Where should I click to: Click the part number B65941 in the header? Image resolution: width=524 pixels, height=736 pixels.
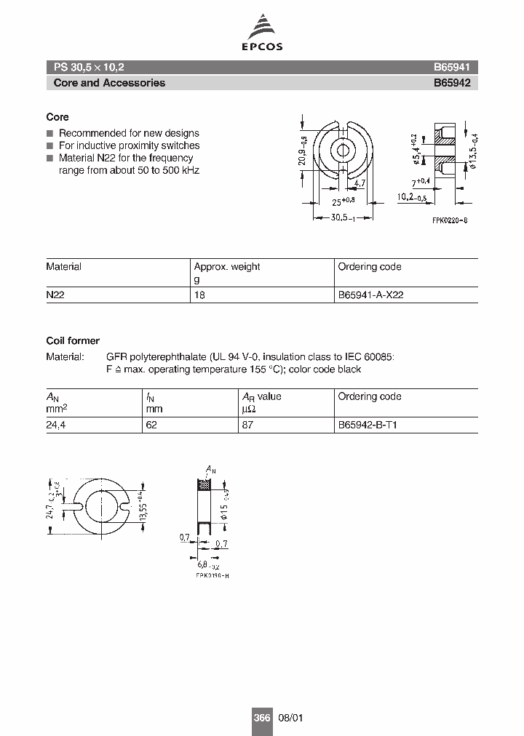452,66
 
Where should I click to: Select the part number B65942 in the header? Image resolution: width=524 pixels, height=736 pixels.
452,83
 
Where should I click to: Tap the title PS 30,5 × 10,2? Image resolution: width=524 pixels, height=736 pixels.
89,66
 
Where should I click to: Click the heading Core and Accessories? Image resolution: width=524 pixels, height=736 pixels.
109,83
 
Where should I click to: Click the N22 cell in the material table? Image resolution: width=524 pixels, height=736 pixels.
55,296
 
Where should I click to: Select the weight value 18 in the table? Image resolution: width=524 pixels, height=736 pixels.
199,296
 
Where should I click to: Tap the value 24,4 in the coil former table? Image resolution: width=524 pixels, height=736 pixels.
57,425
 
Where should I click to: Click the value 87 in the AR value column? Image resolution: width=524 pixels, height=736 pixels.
247,425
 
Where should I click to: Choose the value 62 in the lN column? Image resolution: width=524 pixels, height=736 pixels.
151,425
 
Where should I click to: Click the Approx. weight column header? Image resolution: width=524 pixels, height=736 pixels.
226,267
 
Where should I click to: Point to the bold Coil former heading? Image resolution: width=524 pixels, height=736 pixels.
73,340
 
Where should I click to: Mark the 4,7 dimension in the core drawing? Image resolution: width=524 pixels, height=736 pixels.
360,185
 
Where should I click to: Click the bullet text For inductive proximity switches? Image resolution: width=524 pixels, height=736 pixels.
129,145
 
